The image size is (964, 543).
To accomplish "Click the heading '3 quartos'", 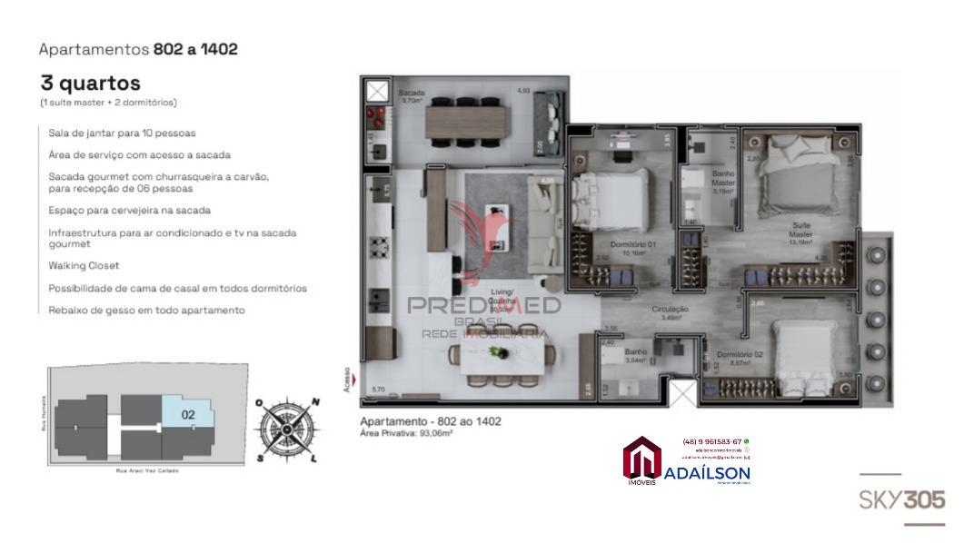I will coord(90,84).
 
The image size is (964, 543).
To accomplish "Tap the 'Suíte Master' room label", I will coord(800,231).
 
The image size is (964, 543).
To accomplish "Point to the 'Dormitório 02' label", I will coord(739,357).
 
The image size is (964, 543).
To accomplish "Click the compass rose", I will coord(286,429).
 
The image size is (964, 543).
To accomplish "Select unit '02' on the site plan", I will coord(188,415).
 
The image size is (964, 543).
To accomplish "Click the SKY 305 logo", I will coord(901,499).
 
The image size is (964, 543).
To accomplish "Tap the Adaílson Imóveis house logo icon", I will coord(642,458).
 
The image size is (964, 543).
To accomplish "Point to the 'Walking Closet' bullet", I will coord(84,266).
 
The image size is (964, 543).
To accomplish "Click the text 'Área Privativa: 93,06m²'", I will coord(406,434).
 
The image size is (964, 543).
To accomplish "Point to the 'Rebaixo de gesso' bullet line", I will coord(146,311).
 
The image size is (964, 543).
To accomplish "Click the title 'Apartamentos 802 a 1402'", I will coord(138,49).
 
